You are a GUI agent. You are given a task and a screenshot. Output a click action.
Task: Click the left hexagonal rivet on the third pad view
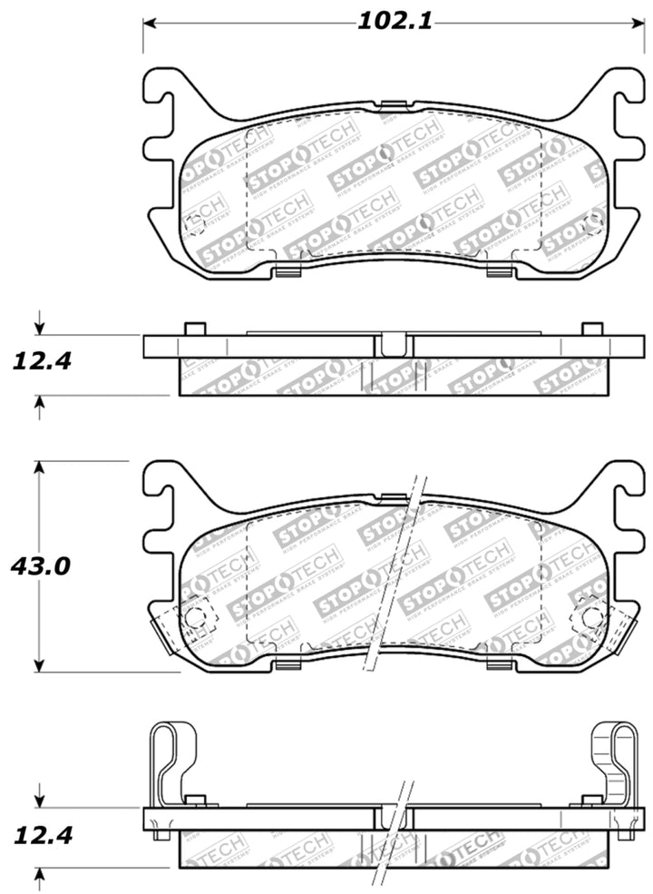[193, 617]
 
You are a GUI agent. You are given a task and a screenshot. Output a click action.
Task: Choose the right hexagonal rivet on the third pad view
[590, 617]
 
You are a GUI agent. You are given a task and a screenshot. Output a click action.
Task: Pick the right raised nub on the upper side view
[591, 329]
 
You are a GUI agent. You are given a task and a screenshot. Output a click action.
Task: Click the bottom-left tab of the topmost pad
[288, 271]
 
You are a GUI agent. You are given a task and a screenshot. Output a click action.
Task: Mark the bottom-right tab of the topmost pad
[498, 271]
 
